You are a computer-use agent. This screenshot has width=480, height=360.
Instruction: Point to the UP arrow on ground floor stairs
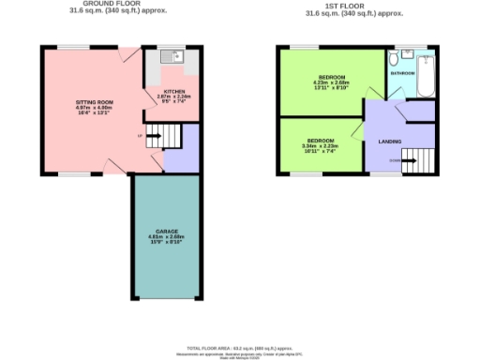tap(141, 137)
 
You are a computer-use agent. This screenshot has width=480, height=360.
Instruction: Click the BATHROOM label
tap(402, 72)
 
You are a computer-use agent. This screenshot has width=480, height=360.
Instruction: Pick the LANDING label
tap(388, 142)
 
